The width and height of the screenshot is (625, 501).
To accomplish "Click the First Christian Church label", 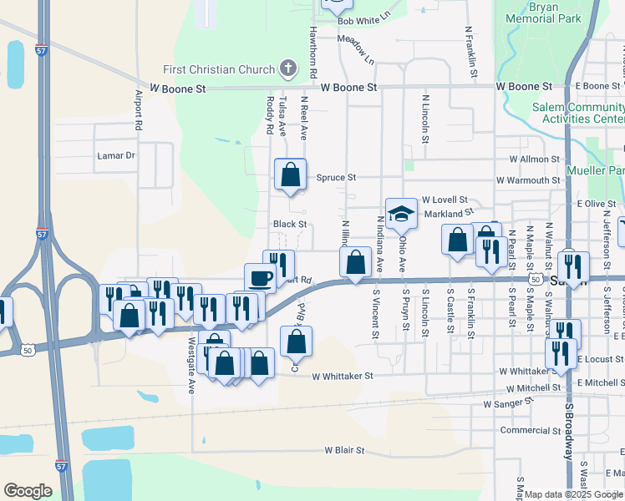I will click(221, 69).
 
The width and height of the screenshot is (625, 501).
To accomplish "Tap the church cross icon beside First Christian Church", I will click(287, 68).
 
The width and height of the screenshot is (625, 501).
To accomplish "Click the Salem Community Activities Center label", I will click(578, 113).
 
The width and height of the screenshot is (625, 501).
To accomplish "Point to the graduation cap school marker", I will click(401, 214).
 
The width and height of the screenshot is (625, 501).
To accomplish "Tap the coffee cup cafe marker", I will click(259, 278).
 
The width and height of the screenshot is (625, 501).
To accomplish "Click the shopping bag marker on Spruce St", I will click(290, 175).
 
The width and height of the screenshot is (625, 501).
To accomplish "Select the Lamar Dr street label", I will click(116, 155).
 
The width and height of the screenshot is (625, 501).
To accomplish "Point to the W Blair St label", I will click(338, 450).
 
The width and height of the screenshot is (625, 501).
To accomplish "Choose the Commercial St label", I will click(531, 431).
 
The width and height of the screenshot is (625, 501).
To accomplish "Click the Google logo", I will click(28, 491).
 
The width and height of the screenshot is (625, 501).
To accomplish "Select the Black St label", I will click(290, 224).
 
